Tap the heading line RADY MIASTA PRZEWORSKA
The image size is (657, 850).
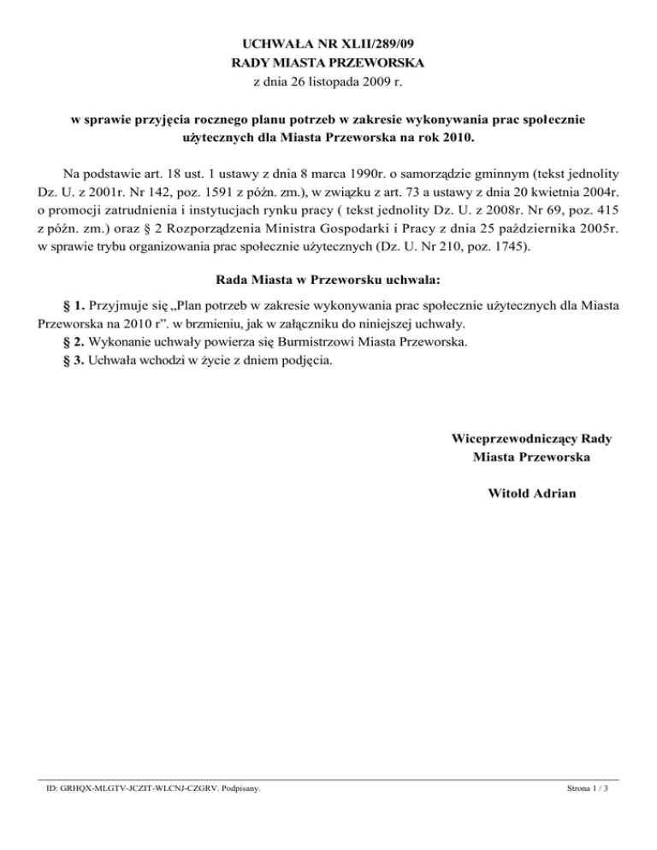click(328, 62)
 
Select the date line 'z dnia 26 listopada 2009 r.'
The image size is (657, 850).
click(328, 83)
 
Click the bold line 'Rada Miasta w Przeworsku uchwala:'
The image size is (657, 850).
click(328, 279)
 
